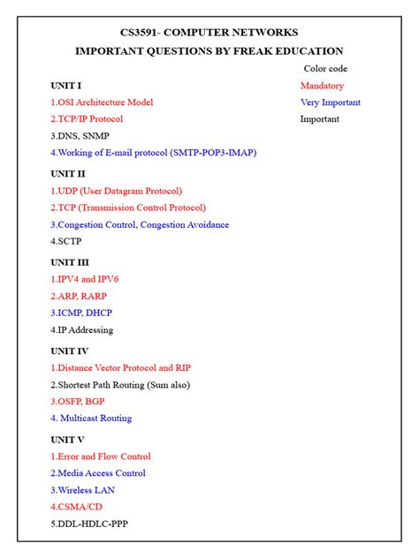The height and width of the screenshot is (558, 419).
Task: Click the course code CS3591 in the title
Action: pos(141,32)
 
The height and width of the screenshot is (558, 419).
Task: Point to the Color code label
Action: pos(325,68)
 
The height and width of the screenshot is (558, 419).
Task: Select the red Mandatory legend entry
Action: pos(322,86)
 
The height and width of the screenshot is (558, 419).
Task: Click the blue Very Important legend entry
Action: pos(330,102)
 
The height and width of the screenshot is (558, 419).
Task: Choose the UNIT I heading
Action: pos(66,86)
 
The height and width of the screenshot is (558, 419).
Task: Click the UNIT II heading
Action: pos(68,174)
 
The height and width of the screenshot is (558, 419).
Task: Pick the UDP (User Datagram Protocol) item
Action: pos(117,191)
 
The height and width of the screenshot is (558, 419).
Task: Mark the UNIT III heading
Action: pos(70,262)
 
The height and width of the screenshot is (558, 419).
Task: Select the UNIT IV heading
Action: pos(70,351)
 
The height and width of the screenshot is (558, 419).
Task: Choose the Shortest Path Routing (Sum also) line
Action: pos(120,385)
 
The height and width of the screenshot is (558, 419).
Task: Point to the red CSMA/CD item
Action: pos(78,507)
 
